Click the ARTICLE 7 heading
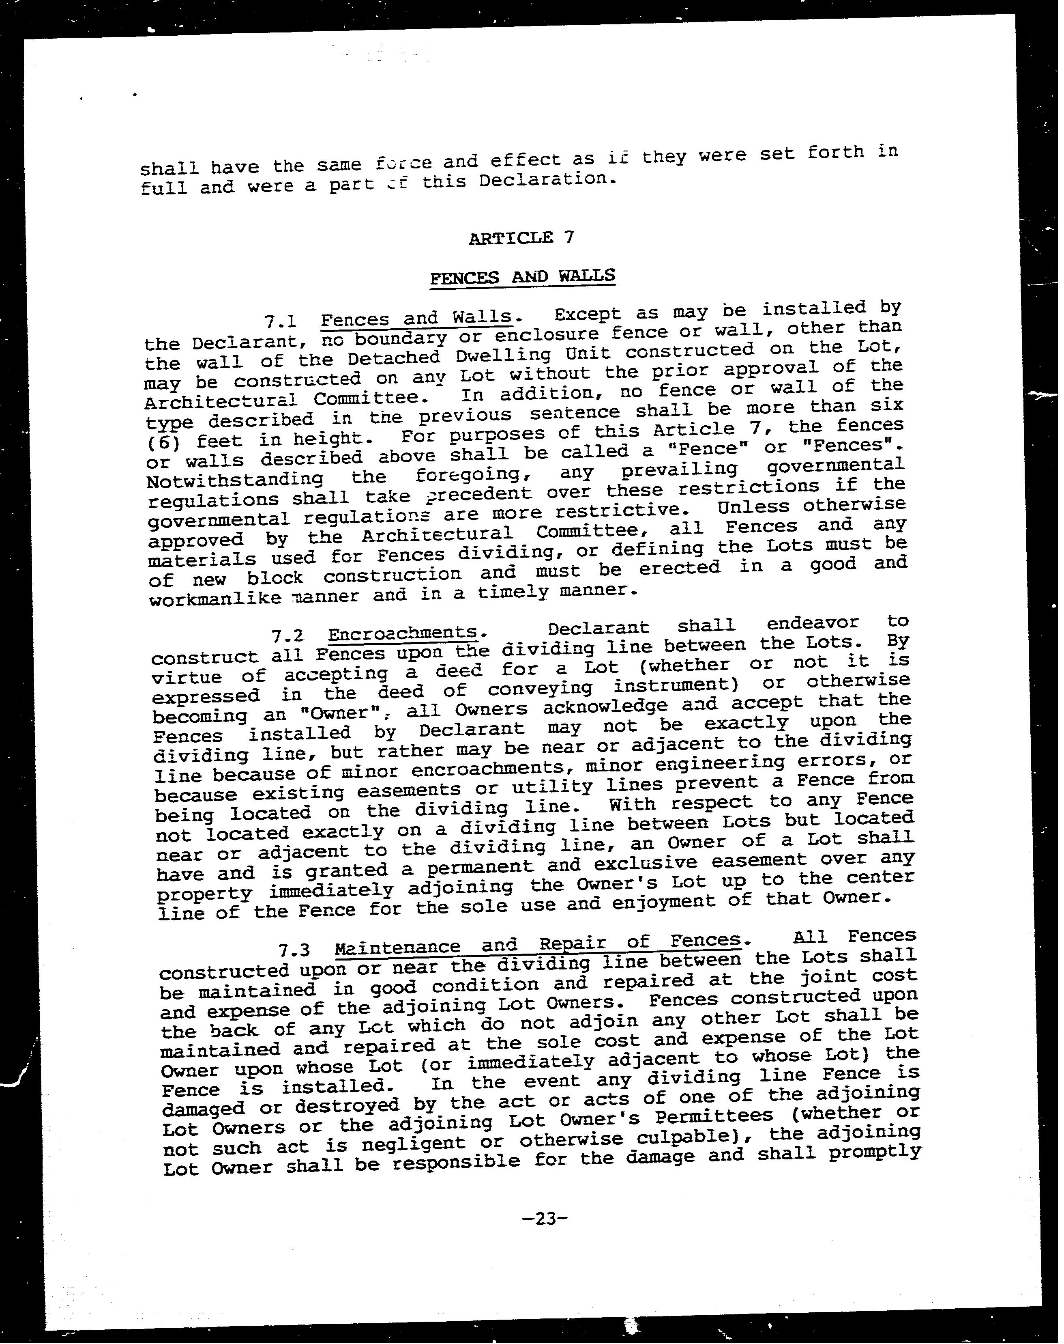pyautogui.click(x=521, y=237)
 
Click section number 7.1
pyautogui.click(x=279, y=322)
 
